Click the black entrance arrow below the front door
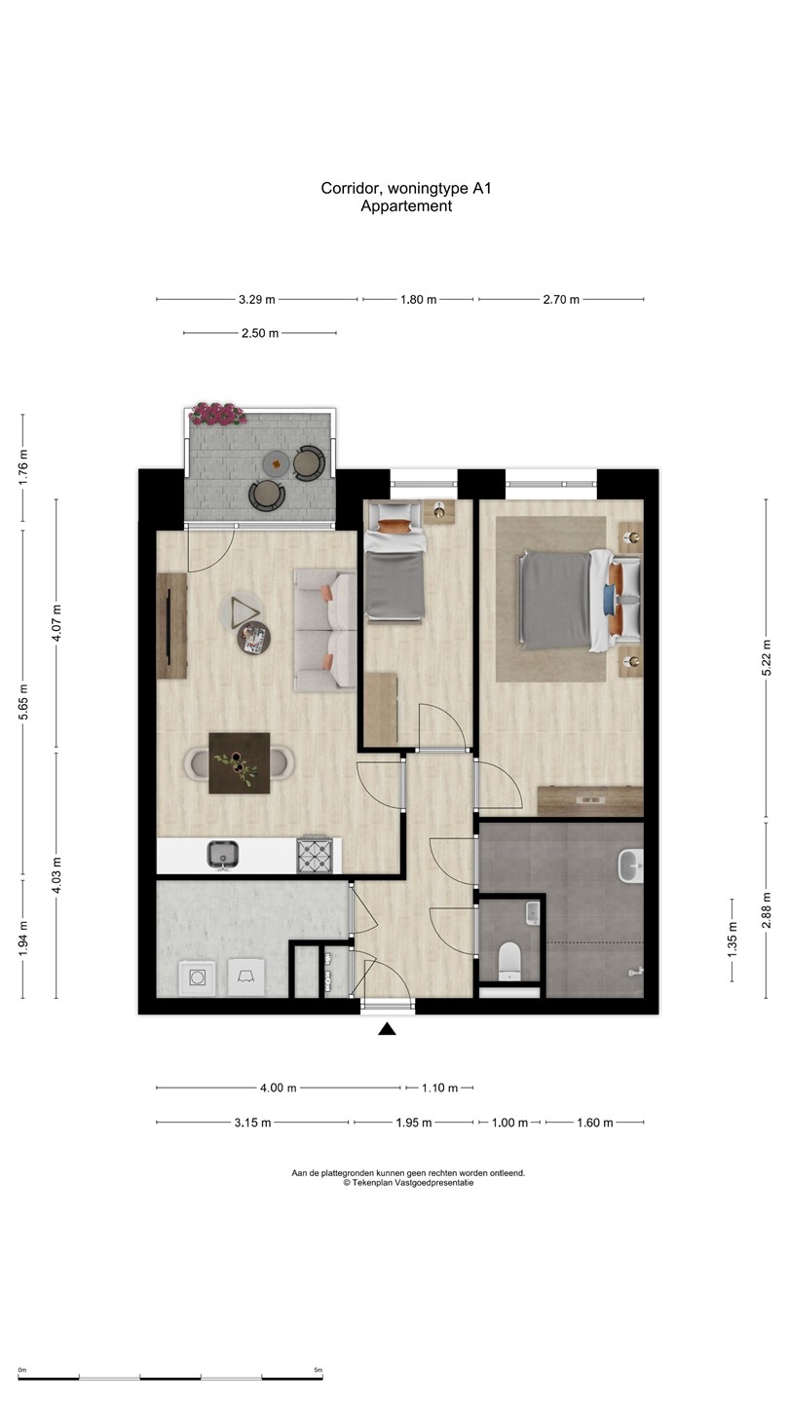(387, 1029)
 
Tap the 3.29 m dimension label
(257, 300)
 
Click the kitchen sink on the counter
(224, 854)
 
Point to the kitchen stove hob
(315, 855)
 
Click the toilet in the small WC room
(510, 960)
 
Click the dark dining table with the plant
(240, 762)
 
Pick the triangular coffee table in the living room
(244, 611)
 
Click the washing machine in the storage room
(199, 977)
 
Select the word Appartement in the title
(406, 206)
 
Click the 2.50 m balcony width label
(260, 333)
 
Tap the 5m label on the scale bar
(318, 1370)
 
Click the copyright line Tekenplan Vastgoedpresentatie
(408, 1183)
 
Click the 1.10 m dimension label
(439, 1088)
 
